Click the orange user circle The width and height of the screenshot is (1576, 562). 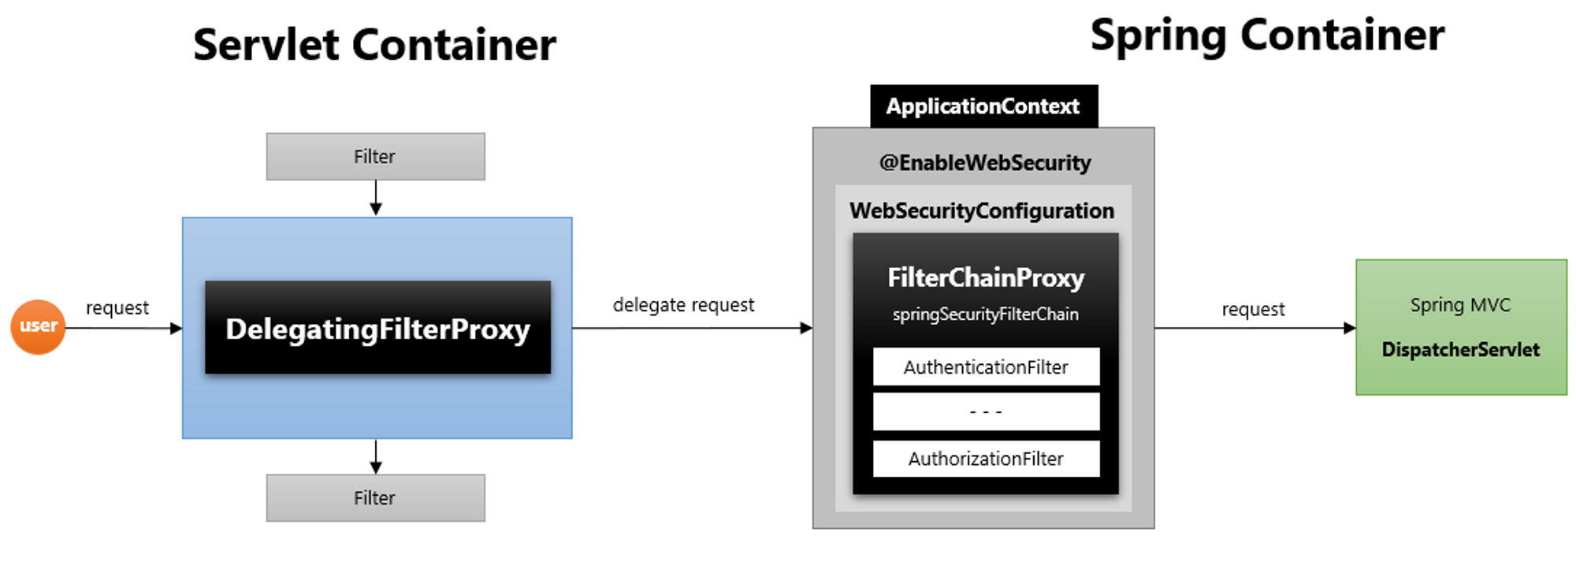pyautogui.click(x=38, y=326)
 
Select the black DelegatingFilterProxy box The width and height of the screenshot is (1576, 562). pyautogui.click(x=377, y=328)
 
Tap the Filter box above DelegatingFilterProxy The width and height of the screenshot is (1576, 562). pyautogui.click(x=375, y=156)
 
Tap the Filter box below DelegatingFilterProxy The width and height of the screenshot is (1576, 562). pyautogui.click(x=375, y=497)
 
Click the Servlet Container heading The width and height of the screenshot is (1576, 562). pyautogui.click(x=374, y=44)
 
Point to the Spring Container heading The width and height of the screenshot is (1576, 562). pyautogui.click(x=1267, y=35)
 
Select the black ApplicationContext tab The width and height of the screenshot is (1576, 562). pyautogui.click(x=983, y=106)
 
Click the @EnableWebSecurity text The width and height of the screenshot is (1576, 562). pyautogui.click(x=985, y=163)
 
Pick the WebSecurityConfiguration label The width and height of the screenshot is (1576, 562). pyautogui.click(x=982, y=211)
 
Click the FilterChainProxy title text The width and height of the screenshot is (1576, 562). pyautogui.click(x=986, y=277)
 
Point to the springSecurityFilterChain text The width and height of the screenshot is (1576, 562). pyautogui.click(x=985, y=314)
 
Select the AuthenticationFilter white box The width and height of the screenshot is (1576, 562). pyautogui.click(x=986, y=367)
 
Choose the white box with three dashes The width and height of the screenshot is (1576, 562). pyautogui.click(x=986, y=411)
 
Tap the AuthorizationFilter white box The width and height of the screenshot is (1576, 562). pyautogui.click(x=986, y=459)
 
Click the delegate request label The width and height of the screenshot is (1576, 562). pyautogui.click(x=683, y=305)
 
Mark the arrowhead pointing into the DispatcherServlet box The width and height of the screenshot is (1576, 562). pyautogui.click(x=1349, y=328)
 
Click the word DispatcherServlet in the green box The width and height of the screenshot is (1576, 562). pyautogui.click(x=1460, y=350)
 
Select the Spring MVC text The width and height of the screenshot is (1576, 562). pyautogui.click(x=1460, y=305)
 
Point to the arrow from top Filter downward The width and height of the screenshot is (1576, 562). pyautogui.click(x=376, y=198)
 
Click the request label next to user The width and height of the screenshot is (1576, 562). pyautogui.click(x=117, y=308)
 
